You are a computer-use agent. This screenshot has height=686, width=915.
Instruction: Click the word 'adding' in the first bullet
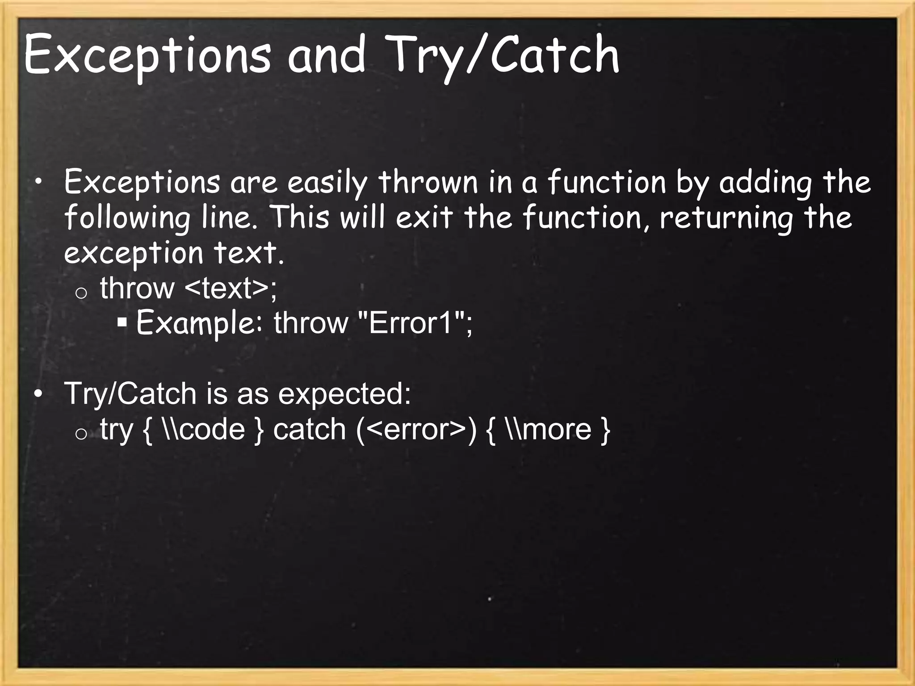tap(765, 184)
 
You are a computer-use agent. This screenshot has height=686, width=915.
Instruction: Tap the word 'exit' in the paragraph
tap(424, 218)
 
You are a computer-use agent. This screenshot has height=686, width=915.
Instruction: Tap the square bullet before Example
tap(122, 322)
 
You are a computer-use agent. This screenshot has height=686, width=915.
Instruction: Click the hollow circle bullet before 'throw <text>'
tap(81, 293)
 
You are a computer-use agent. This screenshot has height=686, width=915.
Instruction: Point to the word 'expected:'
tap(344, 394)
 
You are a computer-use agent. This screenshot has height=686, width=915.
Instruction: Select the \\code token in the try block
tap(204, 429)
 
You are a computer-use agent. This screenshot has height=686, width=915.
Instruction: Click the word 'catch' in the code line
tap(309, 429)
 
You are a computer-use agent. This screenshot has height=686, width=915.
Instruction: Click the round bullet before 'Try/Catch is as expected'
tap(39, 394)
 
